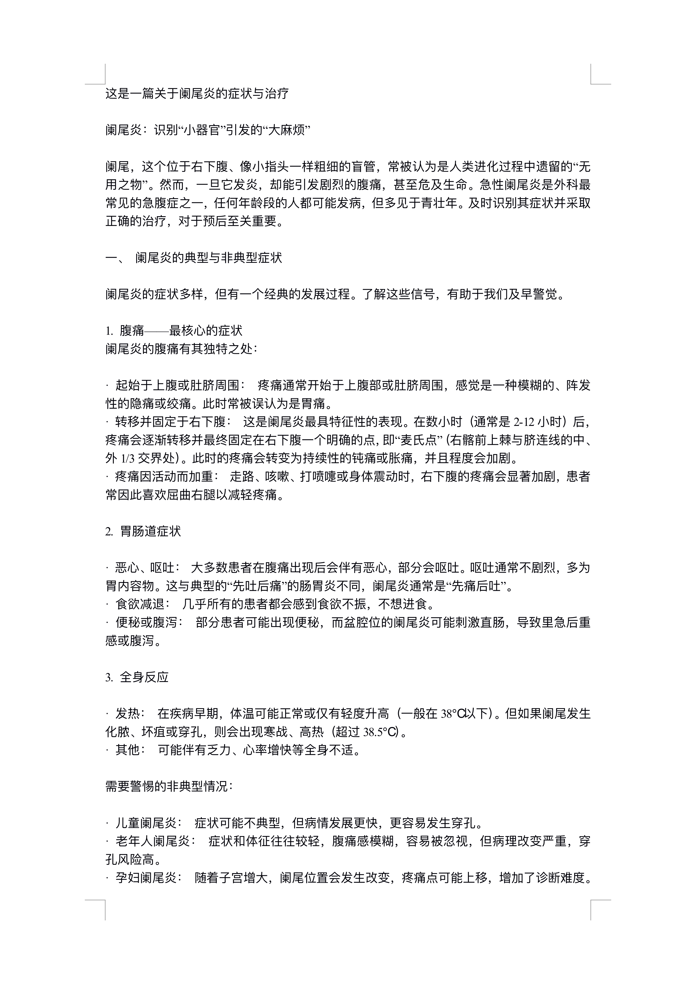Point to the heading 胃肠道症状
tap(150, 532)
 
